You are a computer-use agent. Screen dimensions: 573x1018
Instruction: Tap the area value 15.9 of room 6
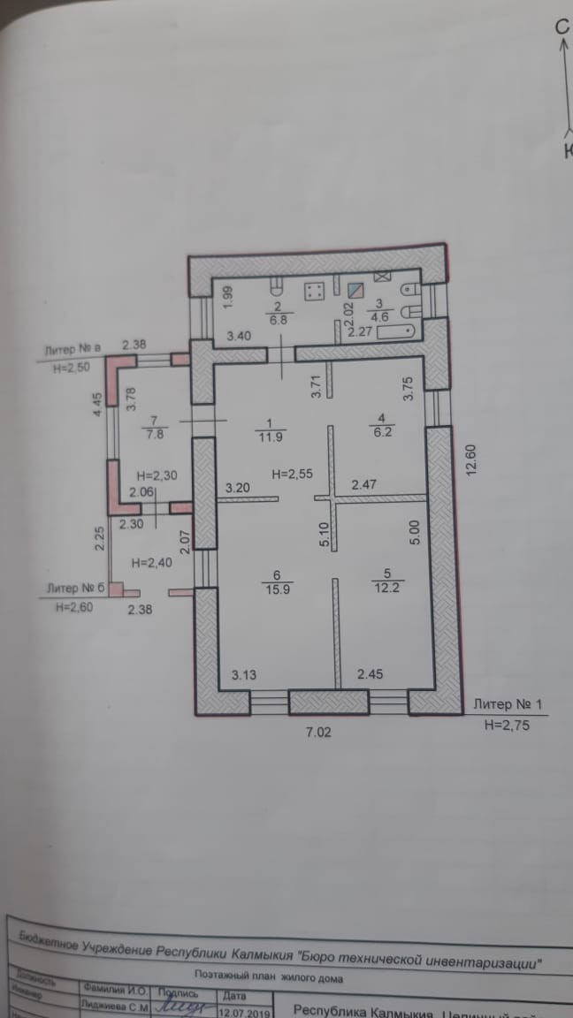[272, 587]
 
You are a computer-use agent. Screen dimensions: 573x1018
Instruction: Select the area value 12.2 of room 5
[381, 587]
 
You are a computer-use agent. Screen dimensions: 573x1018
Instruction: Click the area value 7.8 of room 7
[153, 434]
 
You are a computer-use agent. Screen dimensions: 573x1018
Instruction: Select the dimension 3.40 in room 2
[241, 337]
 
